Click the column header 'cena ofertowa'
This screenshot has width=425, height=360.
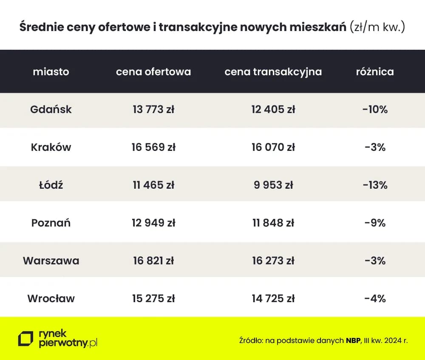[153, 71]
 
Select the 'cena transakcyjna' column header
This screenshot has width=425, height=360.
[273, 71]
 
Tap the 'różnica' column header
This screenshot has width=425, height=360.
[375, 71]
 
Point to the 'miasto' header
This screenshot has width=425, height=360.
[51, 71]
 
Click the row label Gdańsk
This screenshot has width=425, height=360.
[51, 109]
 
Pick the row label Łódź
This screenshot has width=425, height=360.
[51, 185]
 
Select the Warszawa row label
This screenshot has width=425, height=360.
[51, 261]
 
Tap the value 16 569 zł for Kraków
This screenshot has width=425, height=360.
[153, 147]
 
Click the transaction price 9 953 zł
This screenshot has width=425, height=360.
[273, 185]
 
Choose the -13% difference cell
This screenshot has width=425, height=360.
[375, 185]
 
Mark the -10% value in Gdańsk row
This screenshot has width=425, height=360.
[375, 109]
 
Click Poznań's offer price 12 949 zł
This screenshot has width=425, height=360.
[153, 223]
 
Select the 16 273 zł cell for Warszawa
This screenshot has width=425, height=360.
[273, 261]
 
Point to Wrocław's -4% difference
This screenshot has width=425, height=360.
[375, 298]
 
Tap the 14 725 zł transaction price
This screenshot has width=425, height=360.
[273, 298]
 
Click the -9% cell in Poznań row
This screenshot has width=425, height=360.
[375, 223]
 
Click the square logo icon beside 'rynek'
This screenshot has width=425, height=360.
[25, 339]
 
